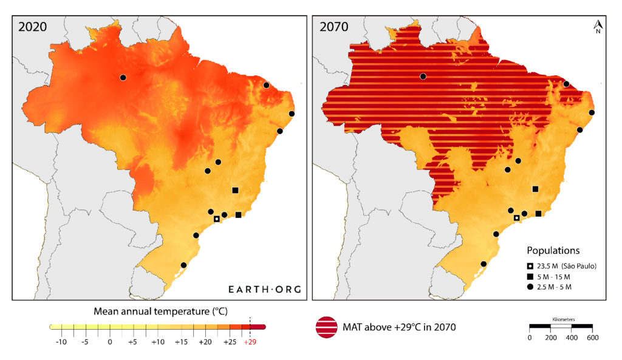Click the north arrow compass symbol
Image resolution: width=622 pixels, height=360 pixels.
[x=598, y=26]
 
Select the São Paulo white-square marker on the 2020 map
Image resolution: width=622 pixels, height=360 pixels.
[x=216, y=219]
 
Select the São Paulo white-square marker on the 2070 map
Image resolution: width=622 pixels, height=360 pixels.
[x=516, y=218]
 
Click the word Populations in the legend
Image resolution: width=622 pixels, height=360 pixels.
[x=553, y=250]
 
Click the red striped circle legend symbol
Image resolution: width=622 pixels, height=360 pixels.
[x=329, y=327]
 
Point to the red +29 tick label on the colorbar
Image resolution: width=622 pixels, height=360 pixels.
[x=250, y=342]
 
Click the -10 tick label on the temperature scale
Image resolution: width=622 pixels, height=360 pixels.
[x=61, y=342]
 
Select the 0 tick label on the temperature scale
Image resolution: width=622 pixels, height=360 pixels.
[x=110, y=342]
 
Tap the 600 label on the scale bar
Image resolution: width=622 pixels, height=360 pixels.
[x=592, y=338]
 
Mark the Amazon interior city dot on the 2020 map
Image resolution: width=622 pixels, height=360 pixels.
[x=123, y=78]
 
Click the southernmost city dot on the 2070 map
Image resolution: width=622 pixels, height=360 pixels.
[x=484, y=264]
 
